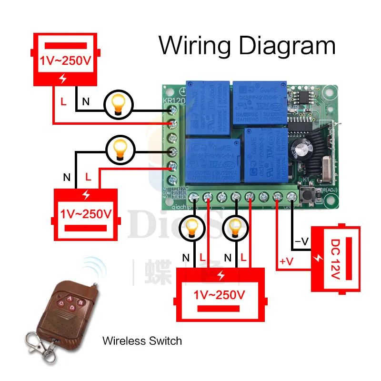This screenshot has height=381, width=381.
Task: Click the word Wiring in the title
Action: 195,46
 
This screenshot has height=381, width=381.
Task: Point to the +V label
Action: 287,261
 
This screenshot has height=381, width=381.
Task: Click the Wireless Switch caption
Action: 142,341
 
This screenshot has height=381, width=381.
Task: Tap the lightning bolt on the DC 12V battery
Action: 318,258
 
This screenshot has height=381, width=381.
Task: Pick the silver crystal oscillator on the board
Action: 328,166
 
